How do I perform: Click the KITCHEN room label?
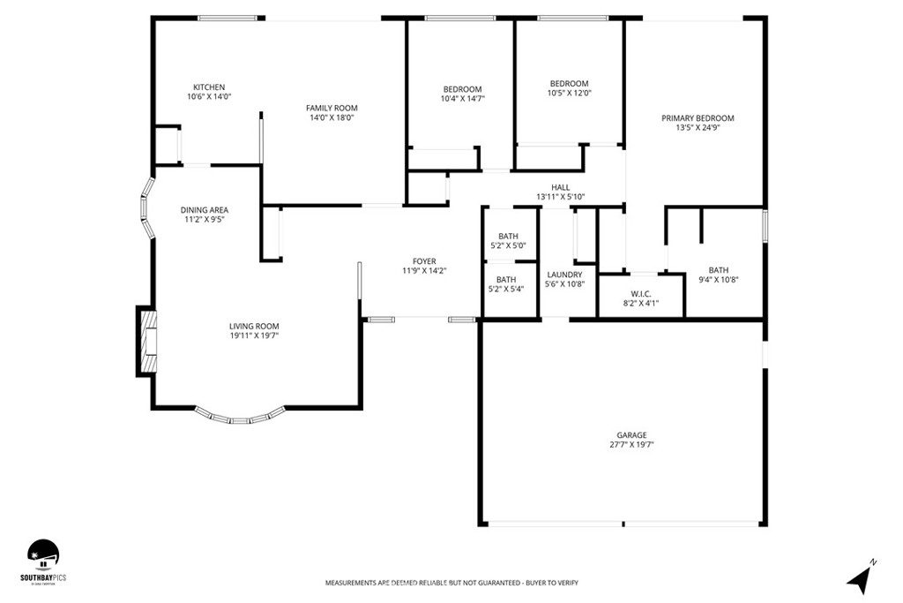pyautogui.click(x=209, y=87)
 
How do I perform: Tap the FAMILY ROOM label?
pyautogui.click(x=332, y=108)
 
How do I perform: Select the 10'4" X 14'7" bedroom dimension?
pyautogui.click(x=462, y=99)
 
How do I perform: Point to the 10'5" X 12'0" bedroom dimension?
pyautogui.click(x=569, y=93)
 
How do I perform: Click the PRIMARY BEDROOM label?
pyautogui.click(x=698, y=117)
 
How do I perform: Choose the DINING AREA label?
pyautogui.click(x=204, y=210)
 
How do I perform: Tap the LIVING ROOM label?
pyautogui.click(x=254, y=326)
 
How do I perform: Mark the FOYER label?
pyautogui.click(x=424, y=261)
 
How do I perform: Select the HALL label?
pyautogui.click(x=560, y=187)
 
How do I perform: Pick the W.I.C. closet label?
pyautogui.click(x=641, y=293)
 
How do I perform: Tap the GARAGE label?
pyautogui.click(x=631, y=435)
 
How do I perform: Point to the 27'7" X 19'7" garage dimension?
pyautogui.click(x=631, y=445)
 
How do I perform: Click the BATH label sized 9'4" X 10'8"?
pyautogui.click(x=719, y=270)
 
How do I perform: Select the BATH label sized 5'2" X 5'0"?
pyautogui.click(x=508, y=236)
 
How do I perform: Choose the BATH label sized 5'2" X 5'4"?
pyautogui.click(x=506, y=279)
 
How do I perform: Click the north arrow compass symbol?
pyautogui.click(x=861, y=577)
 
